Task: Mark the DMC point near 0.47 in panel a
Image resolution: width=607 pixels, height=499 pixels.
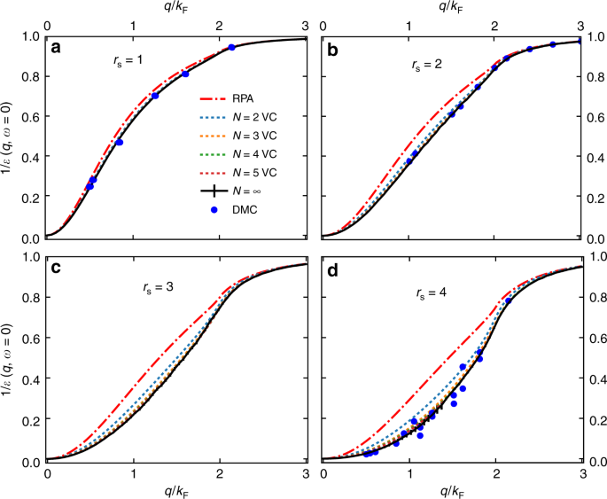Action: (119, 142)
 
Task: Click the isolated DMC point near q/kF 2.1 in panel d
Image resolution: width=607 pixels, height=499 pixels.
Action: (509, 301)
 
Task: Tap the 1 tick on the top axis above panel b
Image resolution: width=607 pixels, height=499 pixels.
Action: (409, 23)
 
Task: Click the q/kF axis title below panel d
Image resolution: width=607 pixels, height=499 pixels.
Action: (451, 490)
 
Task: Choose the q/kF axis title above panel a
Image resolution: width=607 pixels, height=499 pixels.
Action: (176, 6)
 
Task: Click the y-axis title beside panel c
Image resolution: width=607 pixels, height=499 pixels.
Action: (8, 359)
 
